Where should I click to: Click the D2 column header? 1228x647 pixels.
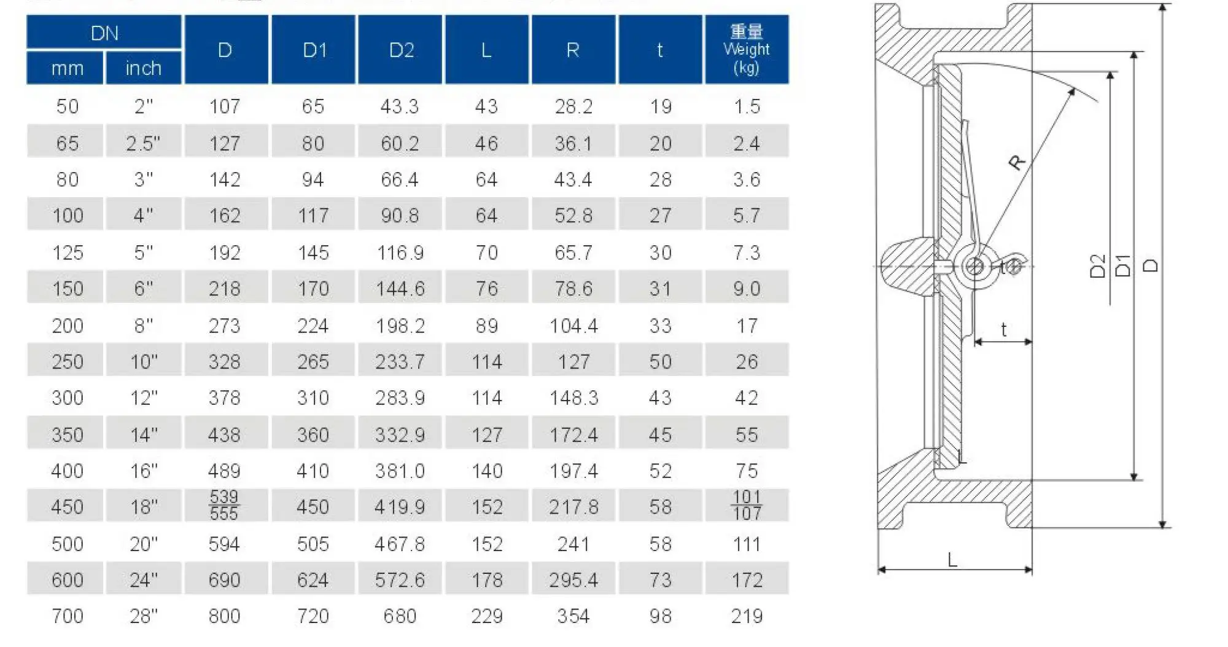(400, 50)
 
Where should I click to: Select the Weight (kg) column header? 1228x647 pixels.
(747, 50)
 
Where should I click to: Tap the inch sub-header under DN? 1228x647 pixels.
(144, 68)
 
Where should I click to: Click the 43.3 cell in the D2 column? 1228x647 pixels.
(400, 106)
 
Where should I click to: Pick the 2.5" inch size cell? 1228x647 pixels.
(143, 143)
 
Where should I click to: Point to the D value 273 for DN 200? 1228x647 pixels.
(225, 326)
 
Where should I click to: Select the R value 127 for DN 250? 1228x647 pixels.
(573, 362)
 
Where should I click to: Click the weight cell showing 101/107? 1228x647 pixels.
(747, 505)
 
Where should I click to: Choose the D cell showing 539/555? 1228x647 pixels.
(225, 505)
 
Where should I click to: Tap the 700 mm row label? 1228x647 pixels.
(67, 616)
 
